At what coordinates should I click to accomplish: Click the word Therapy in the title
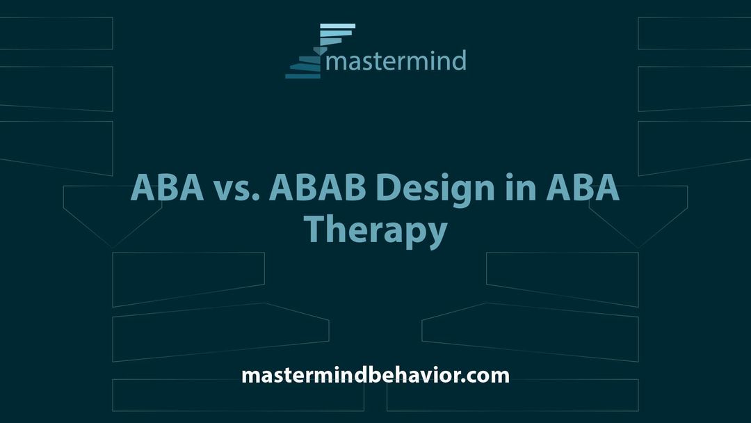(375, 231)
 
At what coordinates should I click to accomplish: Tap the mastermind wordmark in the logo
(396, 61)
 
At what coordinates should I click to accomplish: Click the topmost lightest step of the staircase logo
(338, 26)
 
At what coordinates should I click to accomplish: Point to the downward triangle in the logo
(318, 51)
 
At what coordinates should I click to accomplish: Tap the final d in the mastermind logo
(459, 60)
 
